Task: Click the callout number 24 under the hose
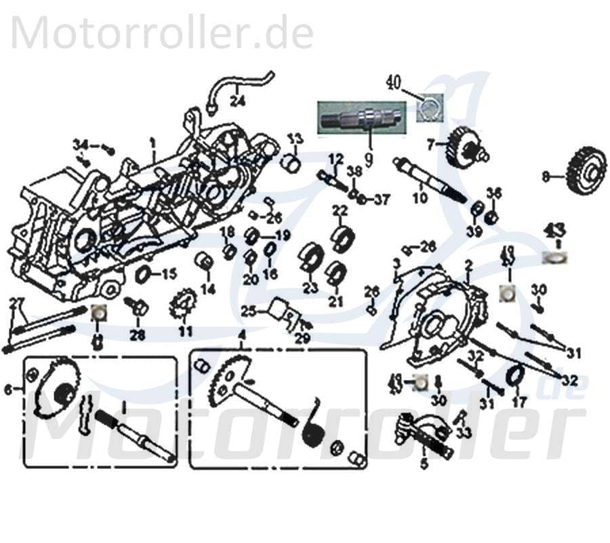pos(237,102)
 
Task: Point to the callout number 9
pos(369,160)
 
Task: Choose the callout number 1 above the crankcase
pos(153,143)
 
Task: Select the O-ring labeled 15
pos(144,275)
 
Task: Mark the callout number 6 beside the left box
pos(8,390)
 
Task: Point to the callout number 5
pos(425,465)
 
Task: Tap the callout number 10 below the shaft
pos(420,198)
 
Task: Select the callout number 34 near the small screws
pos(81,145)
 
